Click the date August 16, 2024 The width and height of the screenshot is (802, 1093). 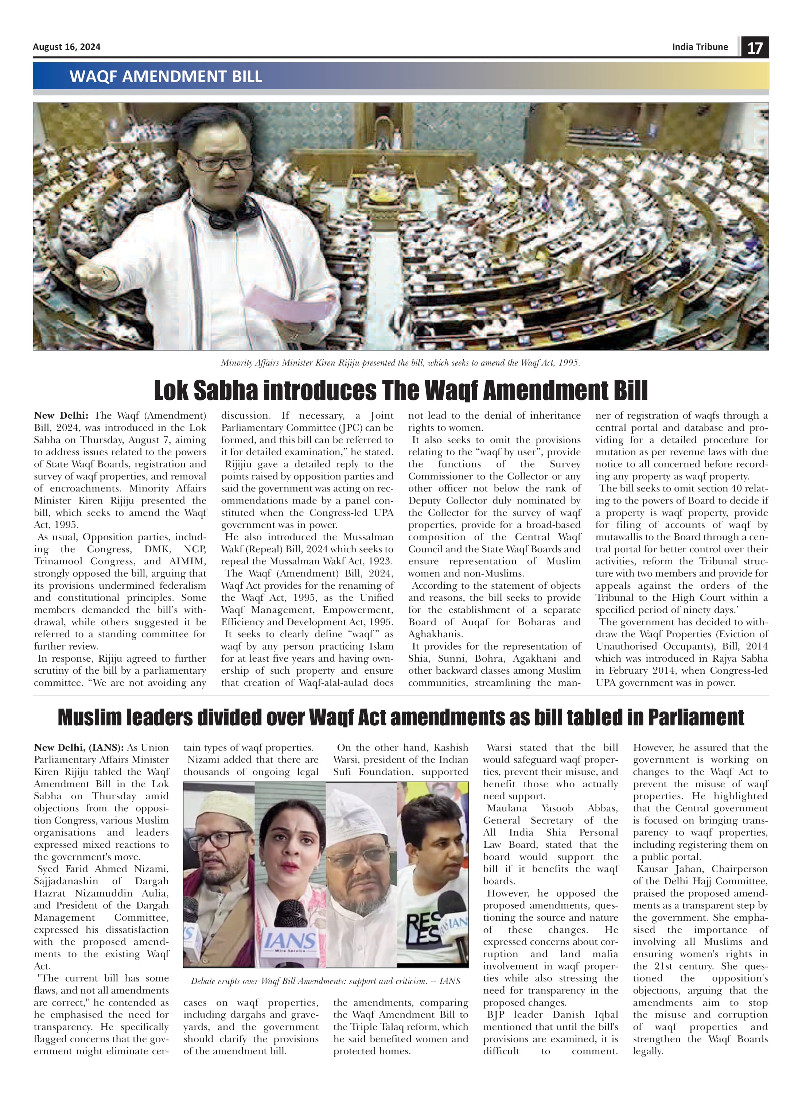click(x=66, y=47)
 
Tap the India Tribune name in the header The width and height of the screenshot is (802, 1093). click(x=700, y=47)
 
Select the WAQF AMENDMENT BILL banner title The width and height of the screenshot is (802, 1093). click(x=166, y=76)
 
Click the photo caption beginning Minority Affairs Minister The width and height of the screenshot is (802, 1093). click(x=401, y=363)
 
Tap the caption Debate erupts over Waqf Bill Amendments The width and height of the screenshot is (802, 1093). click(x=325, y=981)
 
